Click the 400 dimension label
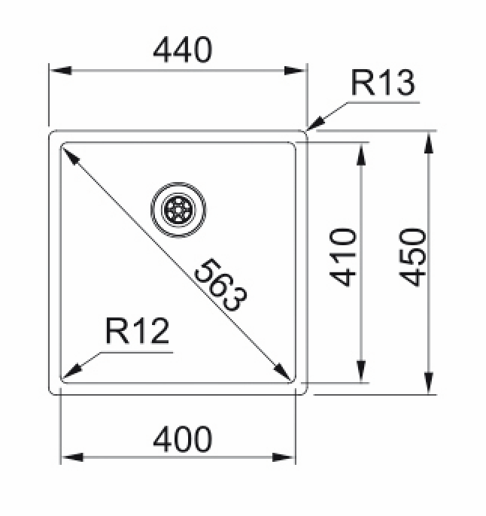tap(183, 437)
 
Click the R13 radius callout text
tap(383, 85)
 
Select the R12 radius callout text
tap(137, 332)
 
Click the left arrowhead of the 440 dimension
tap(57, 70)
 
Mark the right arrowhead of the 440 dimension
tap(299, 70)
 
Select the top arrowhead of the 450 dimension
tap(430, 138)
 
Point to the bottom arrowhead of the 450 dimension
tap(430, 386)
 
